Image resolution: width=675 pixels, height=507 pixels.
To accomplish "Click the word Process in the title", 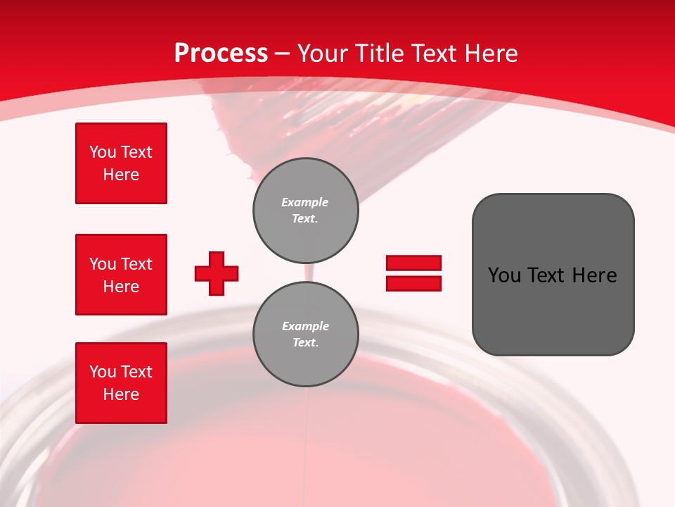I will tap(221, 54).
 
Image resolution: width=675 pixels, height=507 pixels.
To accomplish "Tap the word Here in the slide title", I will tap(488, 54).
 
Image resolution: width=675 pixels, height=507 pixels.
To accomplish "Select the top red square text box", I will tap(121, 163).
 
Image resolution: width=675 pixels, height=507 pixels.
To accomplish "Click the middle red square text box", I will tap(121, 275).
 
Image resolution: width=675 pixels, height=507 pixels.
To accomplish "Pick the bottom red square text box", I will tap(121, 383).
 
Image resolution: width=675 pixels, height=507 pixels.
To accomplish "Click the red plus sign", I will tap(217, 273).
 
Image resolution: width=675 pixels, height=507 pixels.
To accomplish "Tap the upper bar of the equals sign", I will tap(413, 263).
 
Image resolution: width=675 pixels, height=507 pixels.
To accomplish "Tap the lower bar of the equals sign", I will tap(413, 283).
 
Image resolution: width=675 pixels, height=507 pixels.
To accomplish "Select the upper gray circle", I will tap(306, 211).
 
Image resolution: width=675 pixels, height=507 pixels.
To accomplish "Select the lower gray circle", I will tap(306, 334).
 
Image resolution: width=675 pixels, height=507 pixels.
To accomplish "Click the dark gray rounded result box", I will tap(553, 274).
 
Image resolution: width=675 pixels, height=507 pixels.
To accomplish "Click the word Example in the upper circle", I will tap(305, 202).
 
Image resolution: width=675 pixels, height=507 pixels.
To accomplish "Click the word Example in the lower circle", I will tap(305, 326).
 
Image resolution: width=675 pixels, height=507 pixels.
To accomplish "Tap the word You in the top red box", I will tap(103, 152).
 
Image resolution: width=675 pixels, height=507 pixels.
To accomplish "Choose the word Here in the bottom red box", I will tap(121, 394).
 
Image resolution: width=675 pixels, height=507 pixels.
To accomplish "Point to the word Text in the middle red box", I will tap(136, 264).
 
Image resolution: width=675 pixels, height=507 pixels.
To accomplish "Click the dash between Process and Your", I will tap(283, 54).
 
